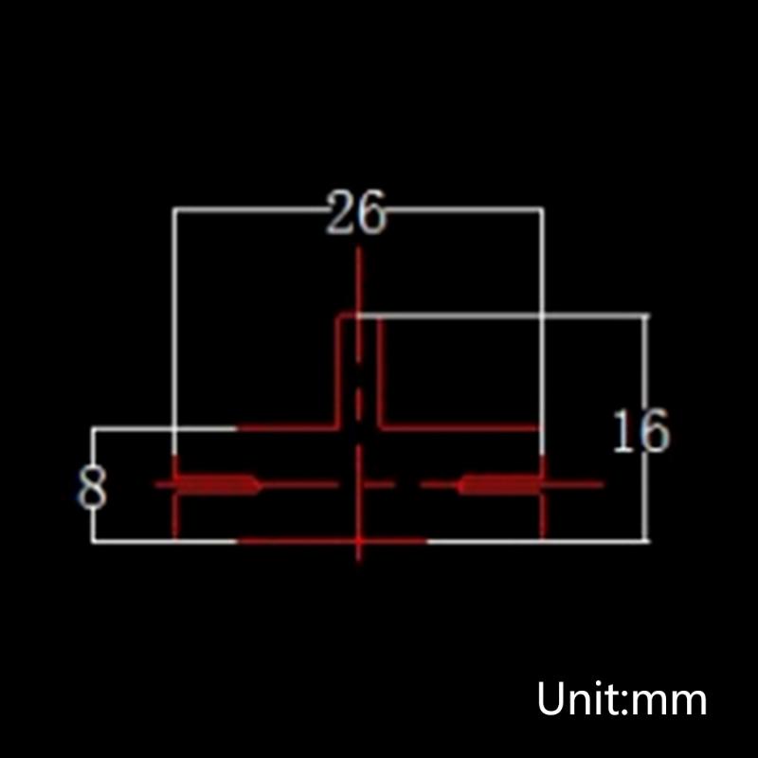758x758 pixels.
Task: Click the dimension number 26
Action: coord(357,213)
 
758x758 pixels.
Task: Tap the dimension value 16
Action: coord(641,432)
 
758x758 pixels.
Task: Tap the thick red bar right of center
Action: coord(498,484)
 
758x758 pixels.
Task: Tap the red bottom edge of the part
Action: coord(332,542)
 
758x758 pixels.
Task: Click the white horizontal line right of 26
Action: coord(464,209)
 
